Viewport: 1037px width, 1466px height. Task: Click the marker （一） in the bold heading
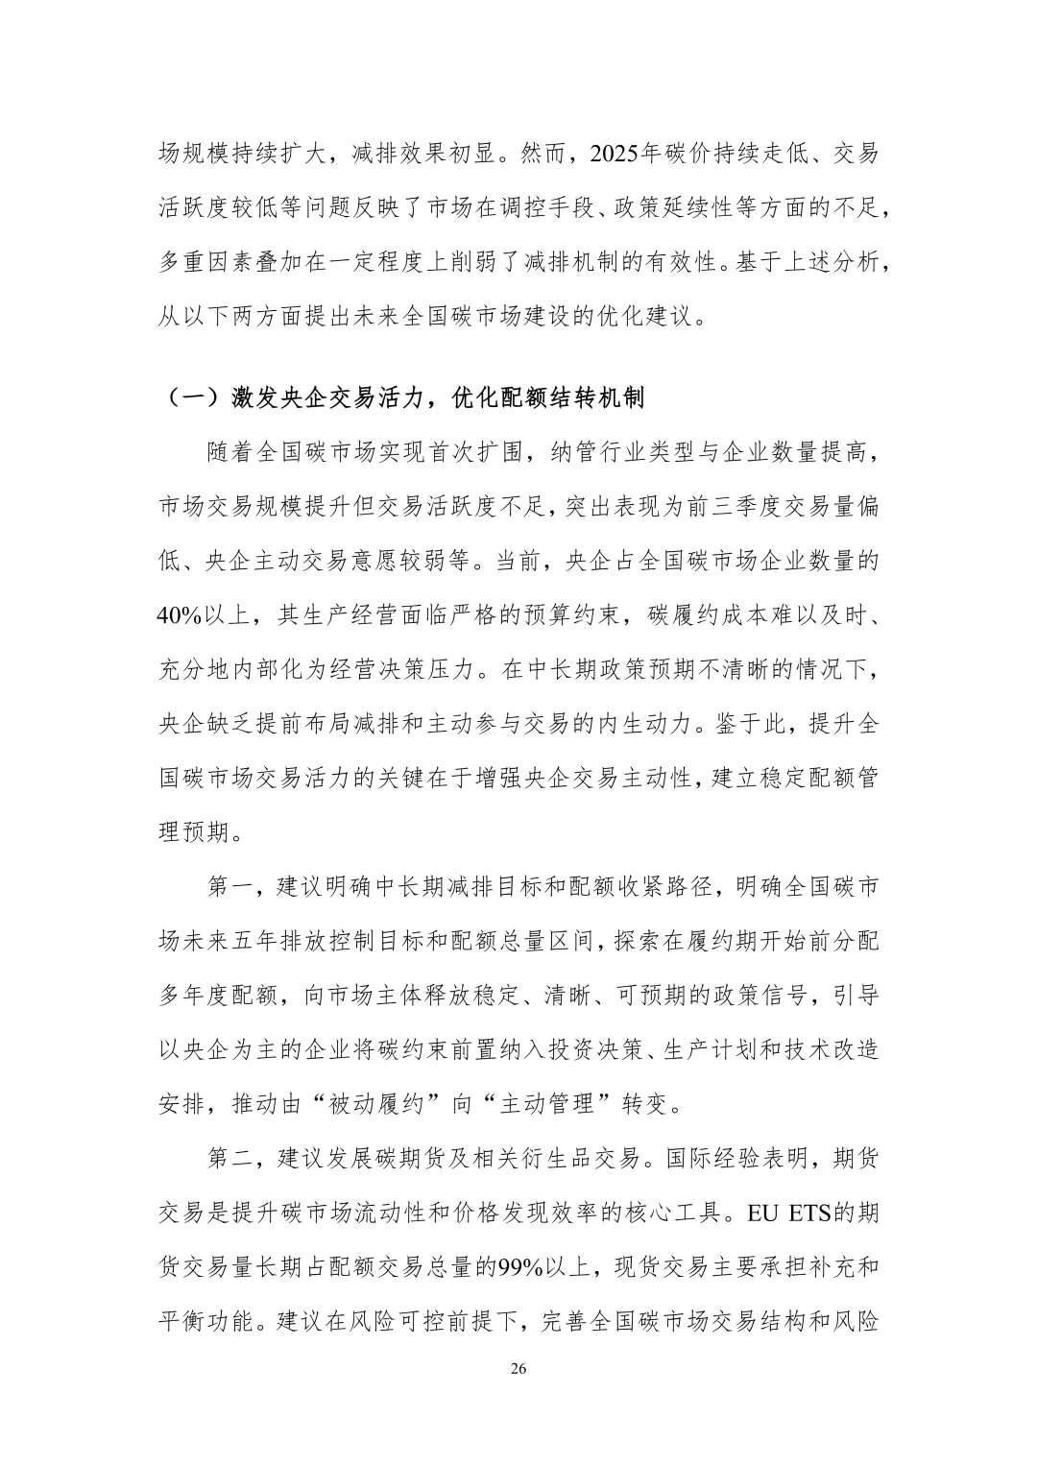(x=189, y=398)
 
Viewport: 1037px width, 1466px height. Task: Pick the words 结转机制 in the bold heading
(x=596, y=398)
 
